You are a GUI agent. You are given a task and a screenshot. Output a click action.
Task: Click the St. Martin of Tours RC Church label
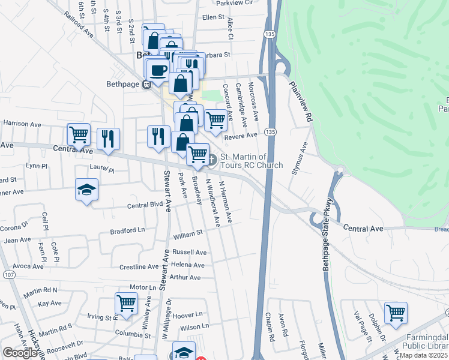click(252, 161)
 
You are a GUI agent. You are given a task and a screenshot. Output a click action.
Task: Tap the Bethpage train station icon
click(146, 85)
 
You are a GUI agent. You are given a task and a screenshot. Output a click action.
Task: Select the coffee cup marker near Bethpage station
click(158, 70)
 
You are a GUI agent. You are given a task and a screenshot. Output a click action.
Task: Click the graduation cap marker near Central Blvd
click(87, 190)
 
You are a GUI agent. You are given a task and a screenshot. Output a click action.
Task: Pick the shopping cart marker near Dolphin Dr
click(396, 313)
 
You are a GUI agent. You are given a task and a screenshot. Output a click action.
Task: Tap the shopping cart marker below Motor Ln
click(126, 304)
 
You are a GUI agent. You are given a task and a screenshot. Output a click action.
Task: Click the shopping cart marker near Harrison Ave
click(79, 135)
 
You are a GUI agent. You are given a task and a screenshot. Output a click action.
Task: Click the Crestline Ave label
click(139, 266)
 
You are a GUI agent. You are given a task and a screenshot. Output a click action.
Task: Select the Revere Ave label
click(240, 136)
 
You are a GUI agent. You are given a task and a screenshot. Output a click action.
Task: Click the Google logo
click(20, 353)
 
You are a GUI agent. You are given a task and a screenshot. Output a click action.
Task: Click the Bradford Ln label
click(127, 230)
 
